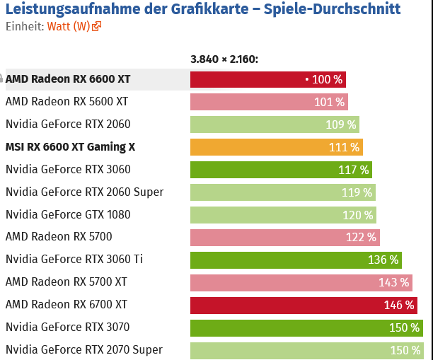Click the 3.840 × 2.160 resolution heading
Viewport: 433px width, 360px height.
[x=224, y=59]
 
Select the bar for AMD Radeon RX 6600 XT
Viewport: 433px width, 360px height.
[x=267, y=79]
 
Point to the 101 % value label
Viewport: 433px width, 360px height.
[x=329, y=102]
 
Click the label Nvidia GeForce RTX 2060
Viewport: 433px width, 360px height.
[x=68, y=124]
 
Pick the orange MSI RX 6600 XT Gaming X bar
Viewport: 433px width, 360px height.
[x=276, y=147]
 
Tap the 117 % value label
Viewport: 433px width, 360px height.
[x=353, y=170]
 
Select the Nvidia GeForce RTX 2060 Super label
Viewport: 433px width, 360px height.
[x=84, y=192]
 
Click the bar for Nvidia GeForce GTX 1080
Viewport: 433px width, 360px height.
[x=283, y=215]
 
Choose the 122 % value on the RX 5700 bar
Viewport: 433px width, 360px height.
[x=361, y=238]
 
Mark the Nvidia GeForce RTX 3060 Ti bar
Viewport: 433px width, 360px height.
[x=296, y=260]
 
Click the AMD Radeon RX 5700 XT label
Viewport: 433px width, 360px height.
[x=67, y=282]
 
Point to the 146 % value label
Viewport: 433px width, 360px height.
[x=398, y=305]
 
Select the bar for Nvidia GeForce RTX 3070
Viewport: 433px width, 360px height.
[x=306, y=327]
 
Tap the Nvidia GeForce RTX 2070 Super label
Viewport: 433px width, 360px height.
[x=84, y=350]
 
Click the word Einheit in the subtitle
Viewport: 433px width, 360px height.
[x=23, y=27]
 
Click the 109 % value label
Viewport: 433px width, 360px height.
[x=341, y=124]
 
